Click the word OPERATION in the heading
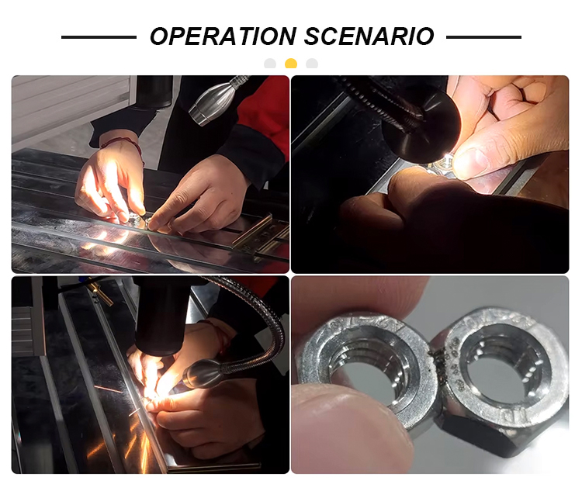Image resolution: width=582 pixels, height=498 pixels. pyautogui.click(x=223, y=36)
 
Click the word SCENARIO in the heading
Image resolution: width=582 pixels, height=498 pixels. pyautogui.click(x=369, y=36)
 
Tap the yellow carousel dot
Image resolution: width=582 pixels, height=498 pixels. pyautogui.click(x=291, y=64)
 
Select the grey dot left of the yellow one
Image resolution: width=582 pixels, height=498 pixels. pyautogui.click(x=270, y=64)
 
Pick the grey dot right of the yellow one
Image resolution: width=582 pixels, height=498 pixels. pyautogui.click(x=312, y=64)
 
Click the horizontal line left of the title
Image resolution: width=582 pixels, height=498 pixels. pyautogui.click(x=99, y=37)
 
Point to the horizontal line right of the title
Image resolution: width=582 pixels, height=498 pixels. pyautogui.click(x=483, y=37)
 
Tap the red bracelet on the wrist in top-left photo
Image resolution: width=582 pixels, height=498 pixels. pyautogui.click(x=126, y=144)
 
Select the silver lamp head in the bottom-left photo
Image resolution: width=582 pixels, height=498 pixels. pyautogui.click(x=203, y=374)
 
